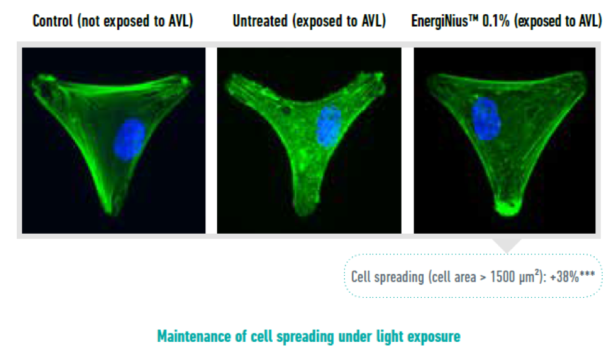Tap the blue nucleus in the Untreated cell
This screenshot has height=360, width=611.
pyautogui.click(x=329, y=127)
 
